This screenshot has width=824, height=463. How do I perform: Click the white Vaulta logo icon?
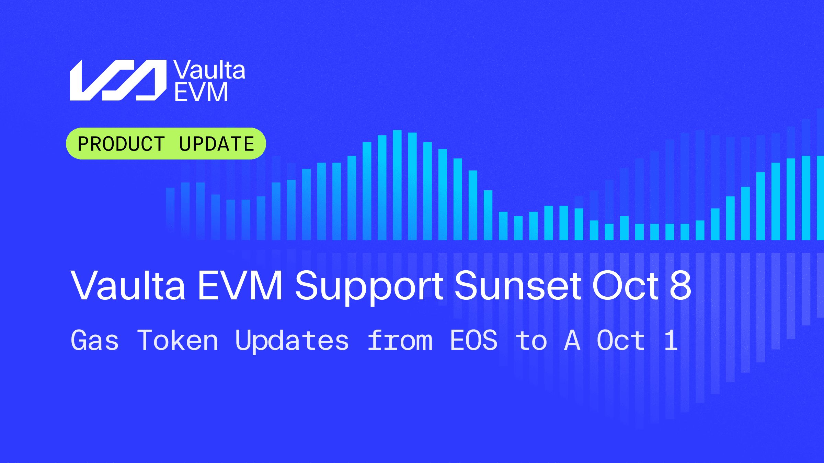pyautogui.click(x=118, y=80)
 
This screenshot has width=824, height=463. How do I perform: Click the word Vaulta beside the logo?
pyautogui.click(x=209, y=70)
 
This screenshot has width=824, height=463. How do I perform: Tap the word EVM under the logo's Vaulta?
pyautogui.click(x=201, y=92)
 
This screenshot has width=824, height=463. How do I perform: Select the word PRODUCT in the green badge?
pyautogui.click(x=121, y=144)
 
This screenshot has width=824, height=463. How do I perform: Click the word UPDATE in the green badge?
pyautogui.click(x=217, y=144)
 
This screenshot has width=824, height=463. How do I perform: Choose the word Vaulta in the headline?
pyautogui.click(x=128, y=285)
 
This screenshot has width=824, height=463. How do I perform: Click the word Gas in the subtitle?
pyautogui.click(x=95, y=340)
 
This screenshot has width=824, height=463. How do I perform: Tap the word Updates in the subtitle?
pyautogui.click(x=292, y=341)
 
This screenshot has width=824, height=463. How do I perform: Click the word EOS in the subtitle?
pyautogui.click(x=474, y=340)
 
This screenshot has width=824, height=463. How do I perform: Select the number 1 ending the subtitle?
pyautogui.click(x=671, y=340)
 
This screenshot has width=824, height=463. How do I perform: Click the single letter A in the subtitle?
pyautogui.click(x=572, y=340)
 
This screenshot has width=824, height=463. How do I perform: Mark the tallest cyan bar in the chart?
pyautogui.click(x=397, y=185)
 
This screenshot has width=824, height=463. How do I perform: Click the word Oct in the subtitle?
pyautogui.click(x=621, y=340)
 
